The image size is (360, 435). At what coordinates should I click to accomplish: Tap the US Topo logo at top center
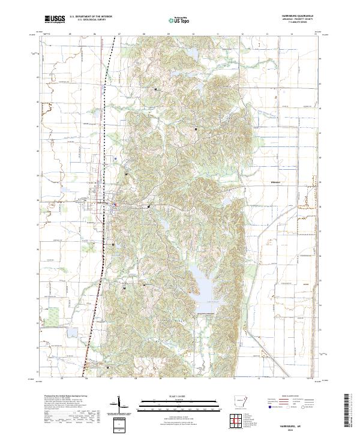[181, 20]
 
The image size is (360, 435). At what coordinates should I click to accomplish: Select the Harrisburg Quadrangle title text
[302, 16]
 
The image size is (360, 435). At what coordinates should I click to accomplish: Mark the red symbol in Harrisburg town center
[114, 205]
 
